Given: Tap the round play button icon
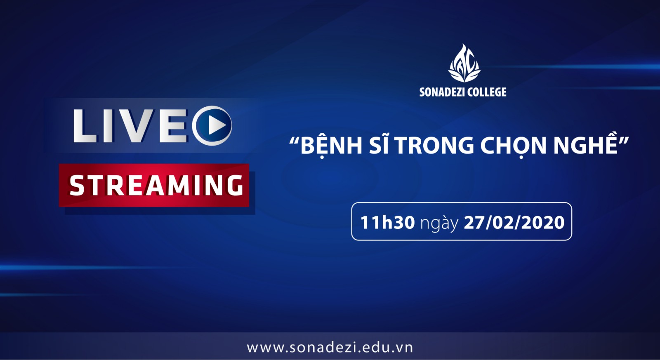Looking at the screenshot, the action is [x=212, y=126].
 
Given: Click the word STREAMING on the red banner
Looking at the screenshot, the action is [x=156, y=185].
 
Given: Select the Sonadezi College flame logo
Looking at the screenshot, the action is [x=464, y=64].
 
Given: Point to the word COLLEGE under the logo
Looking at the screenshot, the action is [x=487, y=92].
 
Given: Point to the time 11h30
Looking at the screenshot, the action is [x=387, y=222].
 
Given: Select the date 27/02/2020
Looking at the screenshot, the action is [x=514, y=222].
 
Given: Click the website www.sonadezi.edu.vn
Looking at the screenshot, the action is [x=330, y=348].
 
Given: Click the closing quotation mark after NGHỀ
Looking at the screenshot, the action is [x=623, y=141].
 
